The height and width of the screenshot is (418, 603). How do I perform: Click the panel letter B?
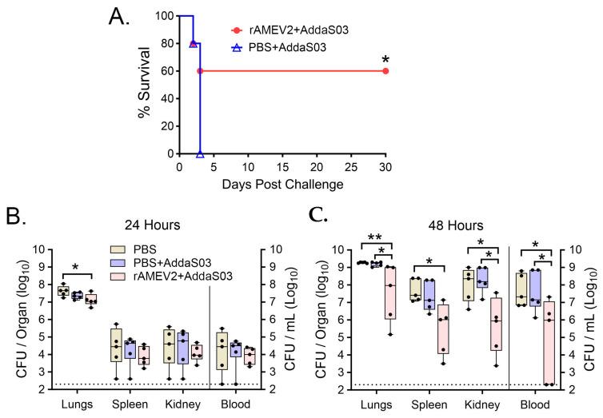[x=14, y=214]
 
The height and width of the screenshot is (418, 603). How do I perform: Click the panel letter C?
[x=319, y=214]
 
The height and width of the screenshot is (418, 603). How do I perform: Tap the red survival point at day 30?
[x=385, y=71]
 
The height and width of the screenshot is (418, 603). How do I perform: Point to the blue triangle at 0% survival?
[x=200, y=153]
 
